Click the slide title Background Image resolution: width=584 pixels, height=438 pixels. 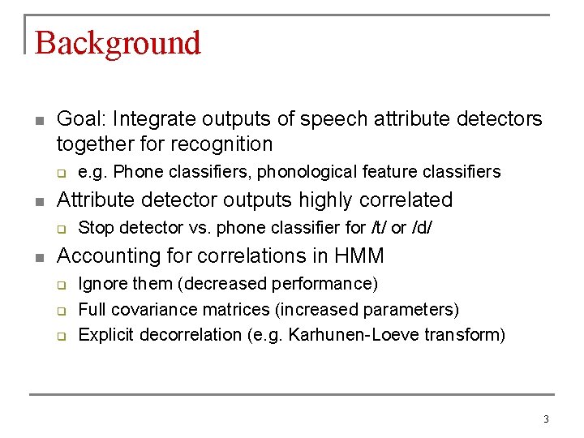[118, 43]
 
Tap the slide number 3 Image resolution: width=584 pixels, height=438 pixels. [546, 419]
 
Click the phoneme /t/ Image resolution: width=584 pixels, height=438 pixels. [377, 228]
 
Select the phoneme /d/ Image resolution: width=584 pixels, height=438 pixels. [422, 228]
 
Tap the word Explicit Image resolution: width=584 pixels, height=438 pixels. [106, 334]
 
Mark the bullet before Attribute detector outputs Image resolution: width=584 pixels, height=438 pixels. [38, 201]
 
